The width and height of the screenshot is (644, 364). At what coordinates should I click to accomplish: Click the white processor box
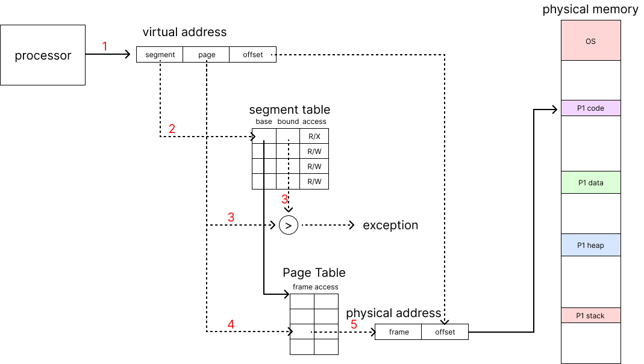[43, 55]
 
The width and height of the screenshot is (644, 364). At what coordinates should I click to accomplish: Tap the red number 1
[104, 46]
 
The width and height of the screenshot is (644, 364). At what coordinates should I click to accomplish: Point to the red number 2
[172, 129]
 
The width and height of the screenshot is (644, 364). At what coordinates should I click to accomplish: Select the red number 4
[231, 324]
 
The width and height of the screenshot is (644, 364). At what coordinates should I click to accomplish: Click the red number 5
[354, 324]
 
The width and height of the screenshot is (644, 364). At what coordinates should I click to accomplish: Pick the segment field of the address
[160, 55]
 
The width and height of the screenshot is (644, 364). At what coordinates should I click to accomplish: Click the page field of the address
[207, 55]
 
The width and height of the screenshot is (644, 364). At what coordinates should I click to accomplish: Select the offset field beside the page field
[253, 55]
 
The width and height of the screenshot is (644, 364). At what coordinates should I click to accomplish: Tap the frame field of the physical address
[399, 332]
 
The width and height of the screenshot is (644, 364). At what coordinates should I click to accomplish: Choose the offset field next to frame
[445, 332]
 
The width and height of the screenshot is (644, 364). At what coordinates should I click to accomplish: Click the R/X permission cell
[314, 137]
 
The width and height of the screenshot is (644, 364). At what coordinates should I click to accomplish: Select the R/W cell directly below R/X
[314, 152]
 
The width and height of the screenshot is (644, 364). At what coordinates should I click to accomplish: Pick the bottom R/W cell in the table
[314, 182]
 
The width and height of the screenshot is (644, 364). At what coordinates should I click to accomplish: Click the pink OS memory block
[590, 41]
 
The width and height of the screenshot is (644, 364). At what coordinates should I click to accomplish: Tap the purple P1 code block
[590, 108]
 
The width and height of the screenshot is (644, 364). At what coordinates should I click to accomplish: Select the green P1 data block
[590, 183]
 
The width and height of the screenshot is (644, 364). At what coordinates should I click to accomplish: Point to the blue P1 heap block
[590, 245]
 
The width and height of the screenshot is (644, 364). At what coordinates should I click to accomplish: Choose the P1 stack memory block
[590, 315]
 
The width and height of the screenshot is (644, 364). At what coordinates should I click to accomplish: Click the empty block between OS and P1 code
[590, 80]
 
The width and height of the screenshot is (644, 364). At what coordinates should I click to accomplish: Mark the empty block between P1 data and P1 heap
[590, 214]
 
